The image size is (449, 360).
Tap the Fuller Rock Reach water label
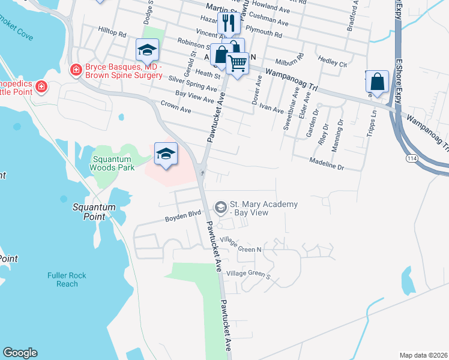(x=67, y=280)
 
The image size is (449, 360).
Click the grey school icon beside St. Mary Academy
(x=220, y=207)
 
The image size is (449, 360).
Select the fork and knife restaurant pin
(x=228, y=25)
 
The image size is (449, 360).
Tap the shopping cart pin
(x=238, y=62)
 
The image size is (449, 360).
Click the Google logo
(x=20, y=353)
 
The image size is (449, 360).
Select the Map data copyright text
(x=423, y=355)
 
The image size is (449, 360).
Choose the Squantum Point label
(x=93, y=212)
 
